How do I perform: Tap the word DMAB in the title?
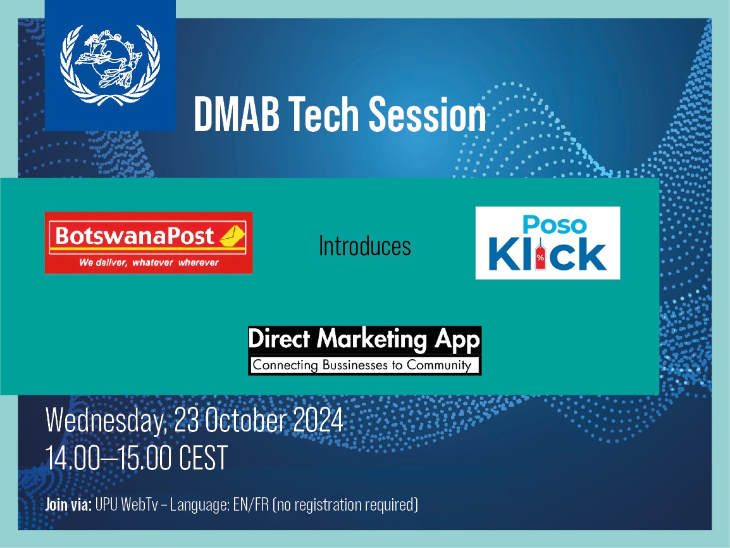(237, 114)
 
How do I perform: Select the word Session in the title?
(428, 114)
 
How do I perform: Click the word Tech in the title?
(323, 114)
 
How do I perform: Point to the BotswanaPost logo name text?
(135, 236)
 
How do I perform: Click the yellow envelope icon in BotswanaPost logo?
(232, 236)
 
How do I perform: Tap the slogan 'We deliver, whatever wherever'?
(149, 262)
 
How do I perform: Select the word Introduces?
(364, 246)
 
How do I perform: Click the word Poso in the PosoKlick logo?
(554, 225)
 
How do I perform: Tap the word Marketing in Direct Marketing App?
(372, 340)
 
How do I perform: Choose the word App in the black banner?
(457, 340)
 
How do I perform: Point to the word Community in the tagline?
(439, 365)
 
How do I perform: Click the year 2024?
(318, 419)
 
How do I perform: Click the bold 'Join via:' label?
(68, 505)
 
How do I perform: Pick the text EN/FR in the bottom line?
(251, 505)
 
